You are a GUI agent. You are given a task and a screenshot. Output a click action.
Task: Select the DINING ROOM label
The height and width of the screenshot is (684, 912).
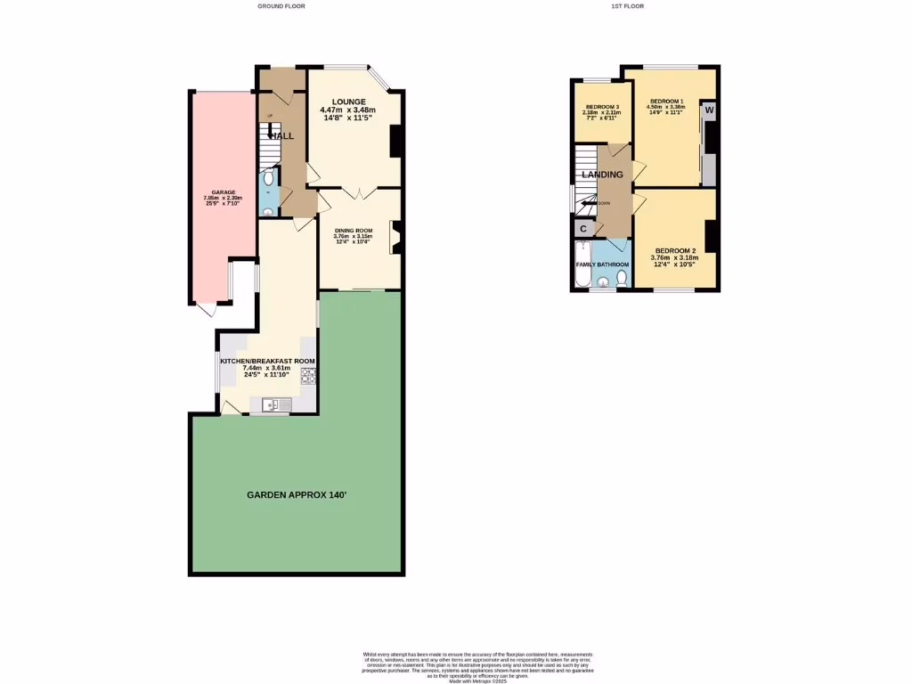click(x=354, y=231)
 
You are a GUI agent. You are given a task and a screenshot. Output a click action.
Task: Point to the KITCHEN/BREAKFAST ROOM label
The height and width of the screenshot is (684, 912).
click(x=267, y=361)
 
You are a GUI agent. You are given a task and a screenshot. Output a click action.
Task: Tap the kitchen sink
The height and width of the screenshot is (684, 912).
click(x=276, y=405)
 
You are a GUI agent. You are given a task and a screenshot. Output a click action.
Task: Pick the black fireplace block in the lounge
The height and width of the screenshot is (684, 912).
click(x=395, y=142)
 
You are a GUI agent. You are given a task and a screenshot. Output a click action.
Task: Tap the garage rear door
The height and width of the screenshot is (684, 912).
click(x=207, y=309)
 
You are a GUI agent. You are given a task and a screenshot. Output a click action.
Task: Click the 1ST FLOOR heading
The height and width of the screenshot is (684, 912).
click(x=627, y=6)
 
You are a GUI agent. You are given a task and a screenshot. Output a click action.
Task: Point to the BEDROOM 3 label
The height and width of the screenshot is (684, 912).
click(x=601, y=108)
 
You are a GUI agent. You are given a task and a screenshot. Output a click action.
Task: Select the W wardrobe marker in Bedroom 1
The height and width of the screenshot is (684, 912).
click(x=709, y=110)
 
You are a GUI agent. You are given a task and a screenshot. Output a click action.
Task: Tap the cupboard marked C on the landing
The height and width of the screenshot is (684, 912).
click(x=583, y=229)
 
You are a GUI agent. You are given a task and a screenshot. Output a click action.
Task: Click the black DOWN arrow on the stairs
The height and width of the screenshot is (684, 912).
click(x=588, y=204)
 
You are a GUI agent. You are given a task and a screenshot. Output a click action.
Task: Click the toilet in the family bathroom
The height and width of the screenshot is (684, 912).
click(x=622, y=280)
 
